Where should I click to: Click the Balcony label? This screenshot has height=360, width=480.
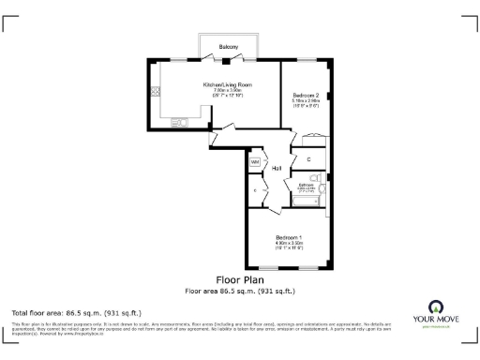click(x=229, y=46)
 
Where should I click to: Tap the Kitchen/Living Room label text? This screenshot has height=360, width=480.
click(x=229, y=84)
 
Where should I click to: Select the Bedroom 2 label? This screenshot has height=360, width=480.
click(x=306, y=96)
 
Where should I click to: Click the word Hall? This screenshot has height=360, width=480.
click(x=277, y=168)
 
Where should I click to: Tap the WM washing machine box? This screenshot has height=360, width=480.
click(x=254, y=161)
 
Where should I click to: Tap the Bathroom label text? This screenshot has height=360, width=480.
click(x=307, y=185)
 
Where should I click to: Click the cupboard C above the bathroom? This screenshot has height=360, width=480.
click(x=309, y=160)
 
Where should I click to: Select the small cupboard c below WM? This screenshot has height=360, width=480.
click(x=255, y=190)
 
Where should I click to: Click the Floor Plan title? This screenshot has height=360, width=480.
click(x=239, y=279)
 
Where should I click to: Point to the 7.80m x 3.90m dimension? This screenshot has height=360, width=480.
click(x=229, y=90)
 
